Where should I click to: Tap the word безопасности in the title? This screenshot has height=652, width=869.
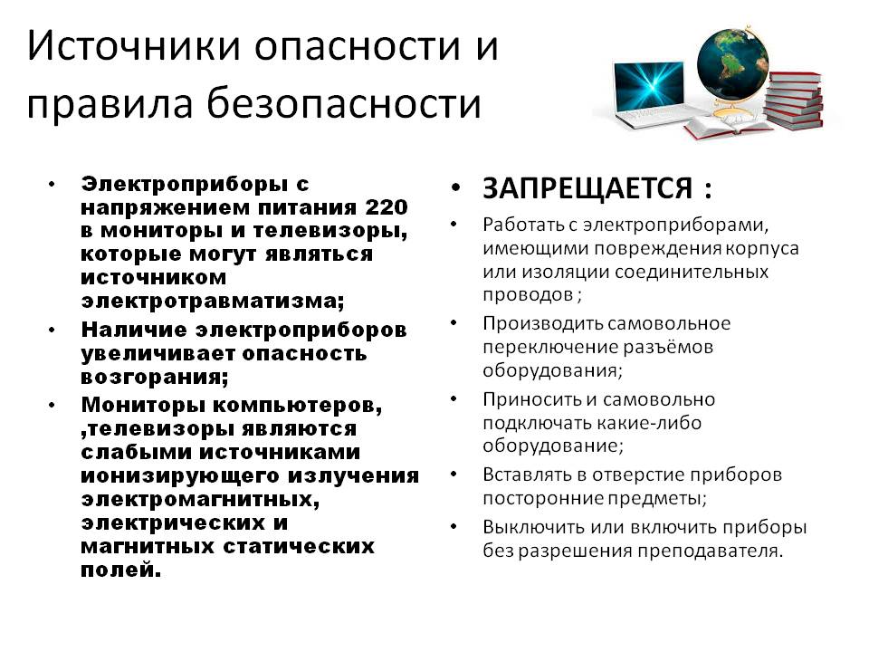[344, 103]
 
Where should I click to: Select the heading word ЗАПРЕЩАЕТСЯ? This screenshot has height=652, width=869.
[587, 188]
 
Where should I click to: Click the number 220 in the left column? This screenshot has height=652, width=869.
[387, 207]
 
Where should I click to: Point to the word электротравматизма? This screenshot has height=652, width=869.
[212, 301]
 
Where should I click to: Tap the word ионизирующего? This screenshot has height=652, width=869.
[180, 476]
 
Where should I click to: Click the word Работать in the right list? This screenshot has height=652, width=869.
[530, 225]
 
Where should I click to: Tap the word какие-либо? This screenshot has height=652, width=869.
[649, 423]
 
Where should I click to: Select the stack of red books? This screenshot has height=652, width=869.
[793, 101]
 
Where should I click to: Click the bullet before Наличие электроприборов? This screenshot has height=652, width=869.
[53, 330]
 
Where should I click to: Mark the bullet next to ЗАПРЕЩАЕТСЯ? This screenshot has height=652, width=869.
[455, 189]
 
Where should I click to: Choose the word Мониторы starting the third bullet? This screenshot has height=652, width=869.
[143, 406]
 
